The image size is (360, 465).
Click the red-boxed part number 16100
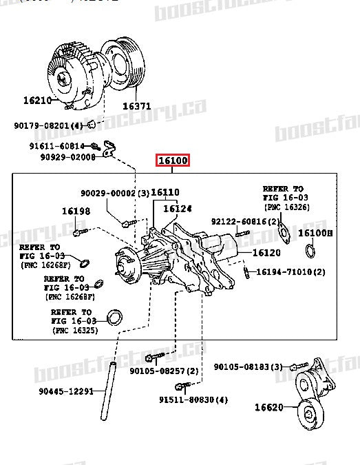coord(172,161)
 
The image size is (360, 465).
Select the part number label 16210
coord(37,101)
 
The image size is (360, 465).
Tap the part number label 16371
coord(137,107)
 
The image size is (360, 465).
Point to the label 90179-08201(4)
coord(48,125)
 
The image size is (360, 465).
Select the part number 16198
coord(76,211)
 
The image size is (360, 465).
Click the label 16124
coord(178,208)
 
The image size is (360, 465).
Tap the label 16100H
coord(315,234)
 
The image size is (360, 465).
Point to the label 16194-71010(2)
coord(291,272)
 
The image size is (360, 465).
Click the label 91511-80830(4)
coord(193,400)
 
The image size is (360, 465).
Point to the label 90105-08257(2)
coord(164,371)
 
